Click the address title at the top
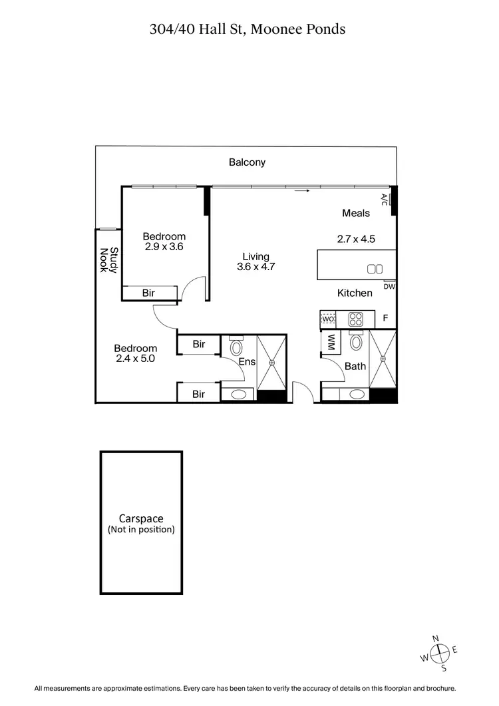click(x=248, y=29)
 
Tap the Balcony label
click(x=247, y=162)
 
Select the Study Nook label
click(x=108, y=260)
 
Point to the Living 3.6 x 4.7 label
click(x=255, y=262)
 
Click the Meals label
click(x=356, y=213)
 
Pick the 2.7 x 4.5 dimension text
click(x=356, y=238)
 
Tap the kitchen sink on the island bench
click(x=375, y=269)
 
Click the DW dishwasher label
click(x=390, y=287)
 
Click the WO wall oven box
click(x=328, y=319)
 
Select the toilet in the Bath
click(x=357, y=342)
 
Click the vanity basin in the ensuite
click(x=238, y=395)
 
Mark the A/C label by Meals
click(x=384, y=198)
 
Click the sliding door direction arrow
click(x=303, y=191)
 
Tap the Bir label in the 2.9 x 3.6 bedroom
click(x=149, y=293)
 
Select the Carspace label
click(x=141, y=519)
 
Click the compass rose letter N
click(x=436, y=639)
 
